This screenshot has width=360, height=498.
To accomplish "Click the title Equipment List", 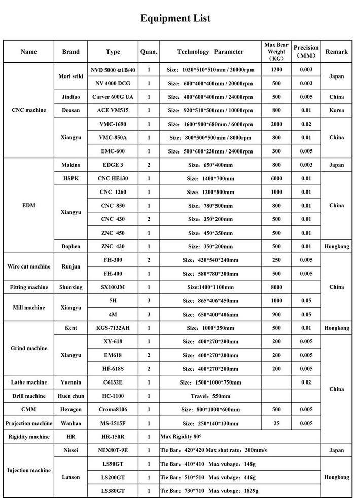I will pyautogui.click(x=175, y=19).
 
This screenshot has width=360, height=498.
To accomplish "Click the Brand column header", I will pyautogui.click(x=70, y=52).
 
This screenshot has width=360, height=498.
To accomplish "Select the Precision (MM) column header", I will pyautogui.click(x=306, y=52).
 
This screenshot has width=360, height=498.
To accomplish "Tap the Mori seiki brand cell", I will pyautogui.click(x=70, y=76).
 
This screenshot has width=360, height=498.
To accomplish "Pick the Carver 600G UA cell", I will pyautogui.click(x=113, y=97).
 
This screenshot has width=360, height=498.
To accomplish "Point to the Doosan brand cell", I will pyautogui.click(x=70, y=110).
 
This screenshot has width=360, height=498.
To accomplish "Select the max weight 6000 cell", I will pyautogui.click(x=276, y=179).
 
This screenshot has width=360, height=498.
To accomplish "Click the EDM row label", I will pyautogui.click(x=29, y=206).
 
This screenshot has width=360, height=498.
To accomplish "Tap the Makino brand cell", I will pyautogui.click(x=70, y=165).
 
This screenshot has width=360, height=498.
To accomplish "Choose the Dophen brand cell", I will pyautogui.click(x=70, y=246).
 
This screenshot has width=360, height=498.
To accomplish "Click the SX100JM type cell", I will pyautogui.click(x=113, y=287).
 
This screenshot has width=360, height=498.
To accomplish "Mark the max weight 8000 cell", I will pyautogui.click(x=276, y=287).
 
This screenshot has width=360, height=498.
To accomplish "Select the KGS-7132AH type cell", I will pyautogui.click(x=113, y=328).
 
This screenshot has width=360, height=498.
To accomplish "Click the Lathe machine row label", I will pyautogui.click(x=29, y=382).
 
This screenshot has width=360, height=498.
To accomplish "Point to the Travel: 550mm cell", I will pyautogui.click(x=209, y=396).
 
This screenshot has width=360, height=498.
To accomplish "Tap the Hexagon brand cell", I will pyautogui.click(x=70, y=409).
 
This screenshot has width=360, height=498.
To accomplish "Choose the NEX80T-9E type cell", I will pyautogui.click(x=113, y=450).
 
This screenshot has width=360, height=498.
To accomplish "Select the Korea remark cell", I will pyautogui.click(x=336, y=110).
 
